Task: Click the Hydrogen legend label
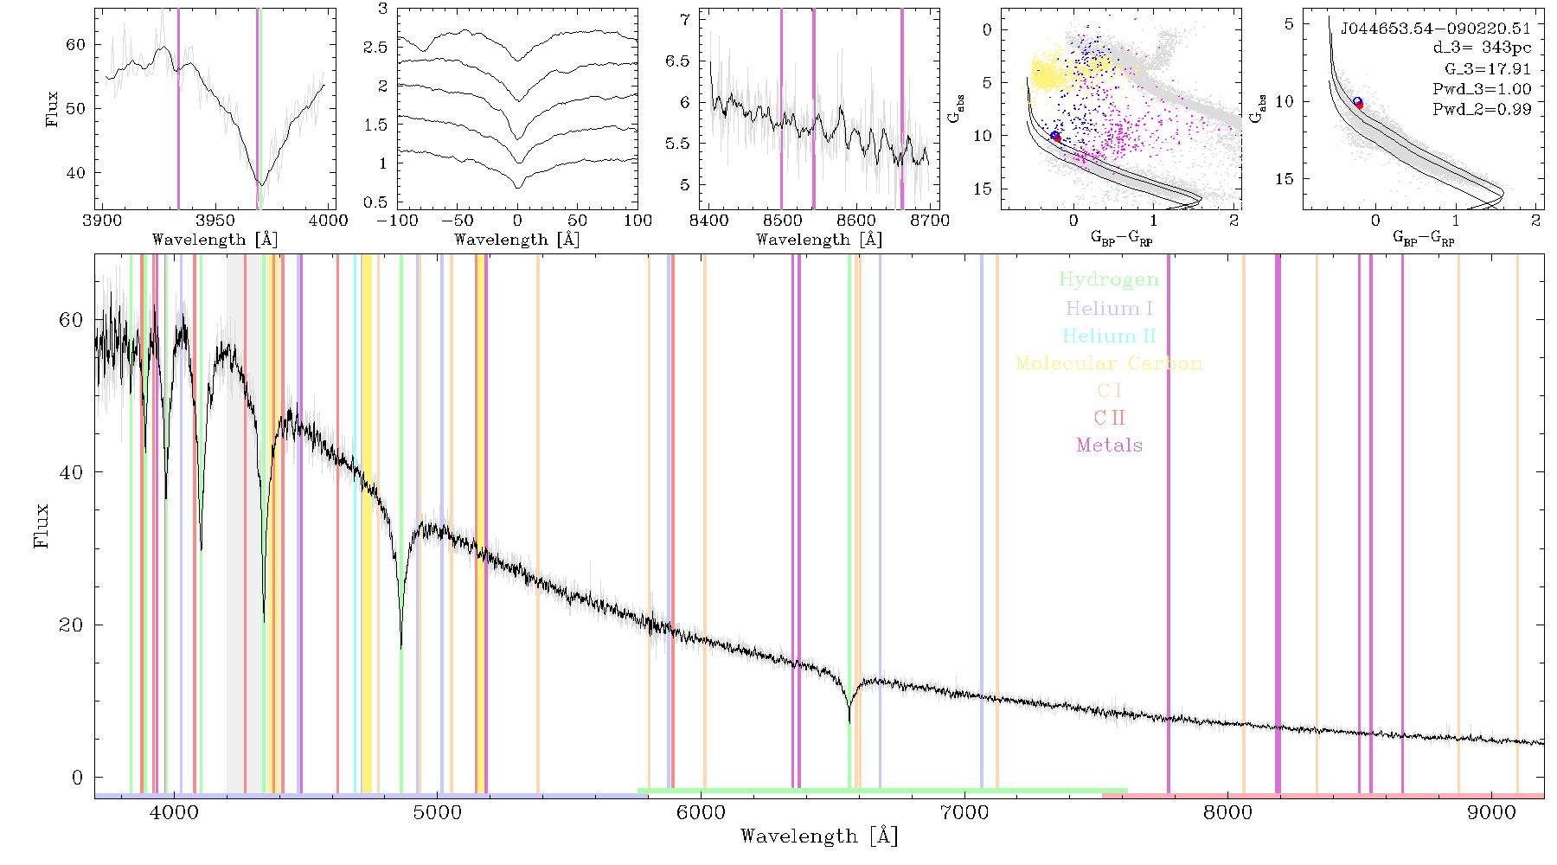[x=1108, y=279]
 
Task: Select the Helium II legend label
[x=1109, y=336]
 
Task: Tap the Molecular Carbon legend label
[x=1109, y=363]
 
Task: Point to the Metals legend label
[x=1110, y=445]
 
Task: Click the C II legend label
[x=1110, y=418]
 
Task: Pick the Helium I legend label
[x=1109, y=309]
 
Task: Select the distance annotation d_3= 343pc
[x=1470, y=48]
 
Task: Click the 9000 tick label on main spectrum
[x=1491, y=812]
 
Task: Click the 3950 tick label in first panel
[x=215, y=220]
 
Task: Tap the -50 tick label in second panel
[x=458, y=220]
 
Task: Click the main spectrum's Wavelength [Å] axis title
[x=819, y=836]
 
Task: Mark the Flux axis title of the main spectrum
[x=41, y=526]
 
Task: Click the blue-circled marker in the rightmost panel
[x=1357, y=102]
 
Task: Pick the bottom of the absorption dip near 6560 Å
[x=849, y=721]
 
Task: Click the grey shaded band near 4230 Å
[x=235, y=523]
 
